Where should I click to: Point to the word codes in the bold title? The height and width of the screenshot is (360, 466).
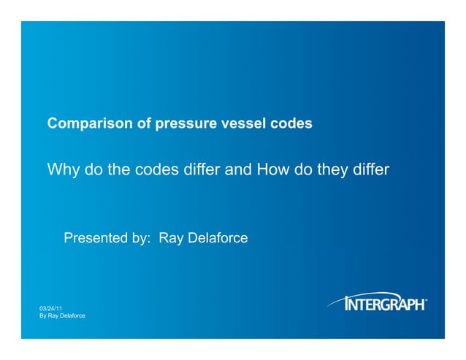coord(291,124)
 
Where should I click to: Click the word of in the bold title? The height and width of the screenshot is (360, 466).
coord(144,124)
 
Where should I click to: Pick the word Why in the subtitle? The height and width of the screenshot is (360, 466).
coord(61,171)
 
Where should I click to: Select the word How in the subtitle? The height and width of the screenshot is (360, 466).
coord(272,171)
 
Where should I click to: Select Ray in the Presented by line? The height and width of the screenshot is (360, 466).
coord(170,239)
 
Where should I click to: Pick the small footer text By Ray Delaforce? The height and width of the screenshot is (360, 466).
coord(62,315)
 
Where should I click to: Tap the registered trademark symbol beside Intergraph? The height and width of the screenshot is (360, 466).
coord(426,298)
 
